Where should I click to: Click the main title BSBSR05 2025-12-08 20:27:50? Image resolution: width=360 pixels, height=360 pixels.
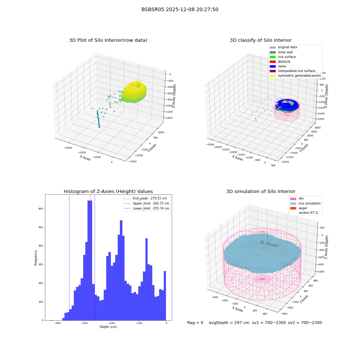coord(180,9)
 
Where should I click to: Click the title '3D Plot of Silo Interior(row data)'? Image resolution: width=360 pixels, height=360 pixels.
coord(108,40)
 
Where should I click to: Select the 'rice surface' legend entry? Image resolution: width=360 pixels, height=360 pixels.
coord(282,57)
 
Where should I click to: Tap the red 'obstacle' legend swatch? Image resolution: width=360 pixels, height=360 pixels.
coord(273,62)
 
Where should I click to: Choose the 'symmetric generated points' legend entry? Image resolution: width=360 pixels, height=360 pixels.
coord(295,76)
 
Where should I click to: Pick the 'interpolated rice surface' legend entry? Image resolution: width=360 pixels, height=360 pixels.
coord(292,71)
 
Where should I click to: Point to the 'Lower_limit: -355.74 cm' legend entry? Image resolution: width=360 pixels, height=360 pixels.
coord(147,208)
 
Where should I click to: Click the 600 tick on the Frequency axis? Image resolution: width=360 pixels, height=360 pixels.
coord(41,209)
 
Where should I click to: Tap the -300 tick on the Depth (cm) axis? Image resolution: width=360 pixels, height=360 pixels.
coord(84,323)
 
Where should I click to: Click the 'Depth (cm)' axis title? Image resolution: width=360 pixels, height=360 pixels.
coord(108,327)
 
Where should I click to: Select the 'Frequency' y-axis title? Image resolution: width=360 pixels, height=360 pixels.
coord(36,258)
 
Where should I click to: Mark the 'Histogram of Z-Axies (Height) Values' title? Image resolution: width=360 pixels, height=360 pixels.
coord(108,192)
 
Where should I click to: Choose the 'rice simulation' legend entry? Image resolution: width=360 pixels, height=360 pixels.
coord(305,203)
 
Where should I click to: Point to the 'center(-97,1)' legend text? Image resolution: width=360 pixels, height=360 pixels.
coord(309,213)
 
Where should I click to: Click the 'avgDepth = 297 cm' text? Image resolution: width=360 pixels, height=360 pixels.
coord(229,323)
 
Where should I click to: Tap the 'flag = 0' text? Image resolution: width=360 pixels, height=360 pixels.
coord(195,323)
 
